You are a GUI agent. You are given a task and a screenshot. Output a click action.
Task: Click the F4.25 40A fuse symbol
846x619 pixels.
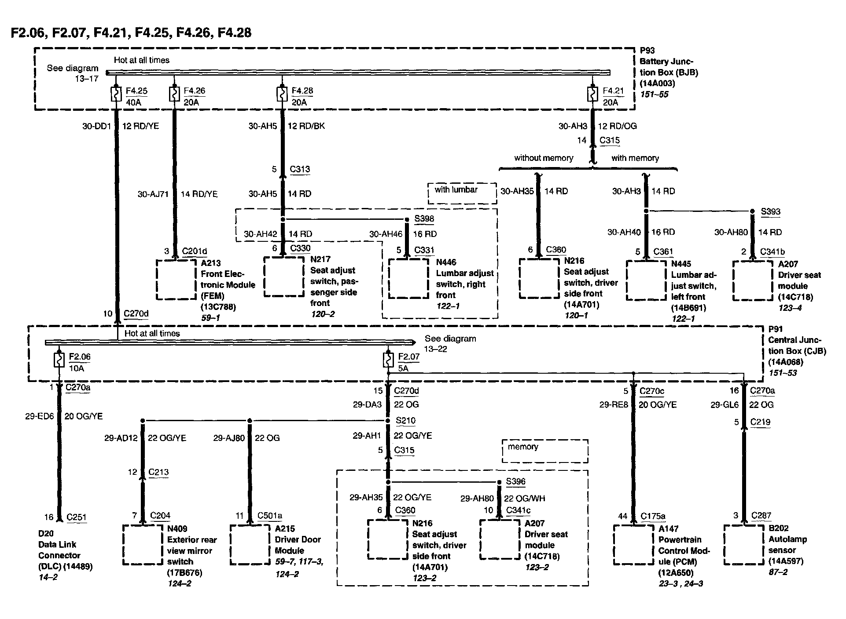[116, 94]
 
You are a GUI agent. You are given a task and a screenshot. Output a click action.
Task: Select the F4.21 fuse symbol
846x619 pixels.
[592, 94]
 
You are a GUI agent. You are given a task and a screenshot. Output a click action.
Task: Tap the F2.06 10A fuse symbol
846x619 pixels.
[59, 360]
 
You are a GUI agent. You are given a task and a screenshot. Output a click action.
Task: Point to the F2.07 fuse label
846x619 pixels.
[408, 357]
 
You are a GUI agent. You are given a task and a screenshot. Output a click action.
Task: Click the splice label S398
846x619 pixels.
[424, 218]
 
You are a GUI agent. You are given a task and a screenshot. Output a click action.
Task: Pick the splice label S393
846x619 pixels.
[770, 211]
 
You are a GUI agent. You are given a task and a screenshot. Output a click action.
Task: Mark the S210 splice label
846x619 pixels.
[405, 420]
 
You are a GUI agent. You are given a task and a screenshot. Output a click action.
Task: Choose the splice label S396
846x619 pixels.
[515, 481]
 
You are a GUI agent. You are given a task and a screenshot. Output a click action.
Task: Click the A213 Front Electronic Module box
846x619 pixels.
[177, 280]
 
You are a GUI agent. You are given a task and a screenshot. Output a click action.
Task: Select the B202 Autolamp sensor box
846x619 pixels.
[743, 545]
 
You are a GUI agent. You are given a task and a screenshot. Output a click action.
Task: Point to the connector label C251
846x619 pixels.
[77, 517]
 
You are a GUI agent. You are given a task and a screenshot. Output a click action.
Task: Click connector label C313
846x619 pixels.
[300, 169]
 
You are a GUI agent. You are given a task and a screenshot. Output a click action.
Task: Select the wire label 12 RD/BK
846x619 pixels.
[306, 126]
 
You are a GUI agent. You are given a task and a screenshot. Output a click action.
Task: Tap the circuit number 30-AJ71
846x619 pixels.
[153, 194]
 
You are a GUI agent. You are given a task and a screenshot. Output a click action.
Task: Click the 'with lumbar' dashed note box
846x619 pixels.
[462, 193]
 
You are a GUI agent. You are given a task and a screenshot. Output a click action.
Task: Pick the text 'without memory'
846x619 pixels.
[544, 158]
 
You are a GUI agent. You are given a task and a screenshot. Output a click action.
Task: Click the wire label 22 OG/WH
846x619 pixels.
[524, 498]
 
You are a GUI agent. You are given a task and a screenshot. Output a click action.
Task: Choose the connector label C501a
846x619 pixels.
[270, 516]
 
